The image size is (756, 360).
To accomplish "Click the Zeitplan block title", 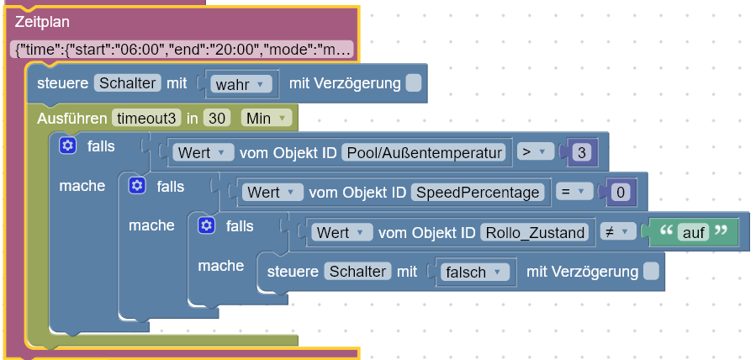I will click(x=42, y=22).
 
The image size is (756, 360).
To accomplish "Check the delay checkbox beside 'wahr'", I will click(x=413, y=84).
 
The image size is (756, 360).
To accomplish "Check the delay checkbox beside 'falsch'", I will click(x=651, y=272).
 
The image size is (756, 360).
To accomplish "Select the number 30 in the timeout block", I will click(x=217, y=119).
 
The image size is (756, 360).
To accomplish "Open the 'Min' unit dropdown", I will click(x=266, y=119).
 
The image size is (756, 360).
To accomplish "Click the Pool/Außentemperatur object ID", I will click(x=426, y=152).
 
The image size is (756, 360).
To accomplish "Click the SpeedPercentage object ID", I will click(x=480, y=192).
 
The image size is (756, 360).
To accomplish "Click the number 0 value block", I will click(x=620, y=192).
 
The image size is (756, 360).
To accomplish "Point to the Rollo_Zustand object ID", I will click(x=535, y=232).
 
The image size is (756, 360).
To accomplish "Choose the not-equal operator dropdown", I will click(x=616, y=232).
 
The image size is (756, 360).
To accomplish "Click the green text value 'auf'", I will click(x=693, y=232).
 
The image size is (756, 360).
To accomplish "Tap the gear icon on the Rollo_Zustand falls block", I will click(x=207, y=225).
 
